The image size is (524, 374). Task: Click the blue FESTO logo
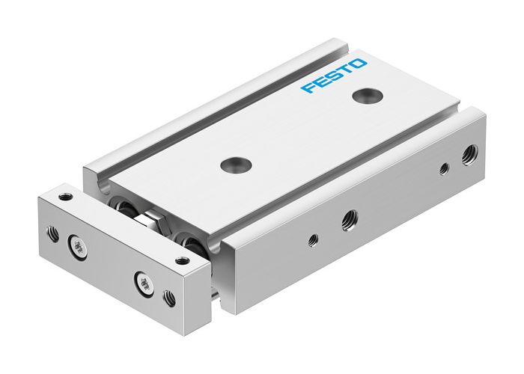pyautogui.click(x=334, y=75)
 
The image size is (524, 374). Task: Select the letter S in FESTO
pyautogui.click(x=333, y=76)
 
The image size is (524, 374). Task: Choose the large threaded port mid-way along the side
pyautogui.click(x=349, y=219)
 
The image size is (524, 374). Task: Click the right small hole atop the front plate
pyautogui.click(x=180, y=260)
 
